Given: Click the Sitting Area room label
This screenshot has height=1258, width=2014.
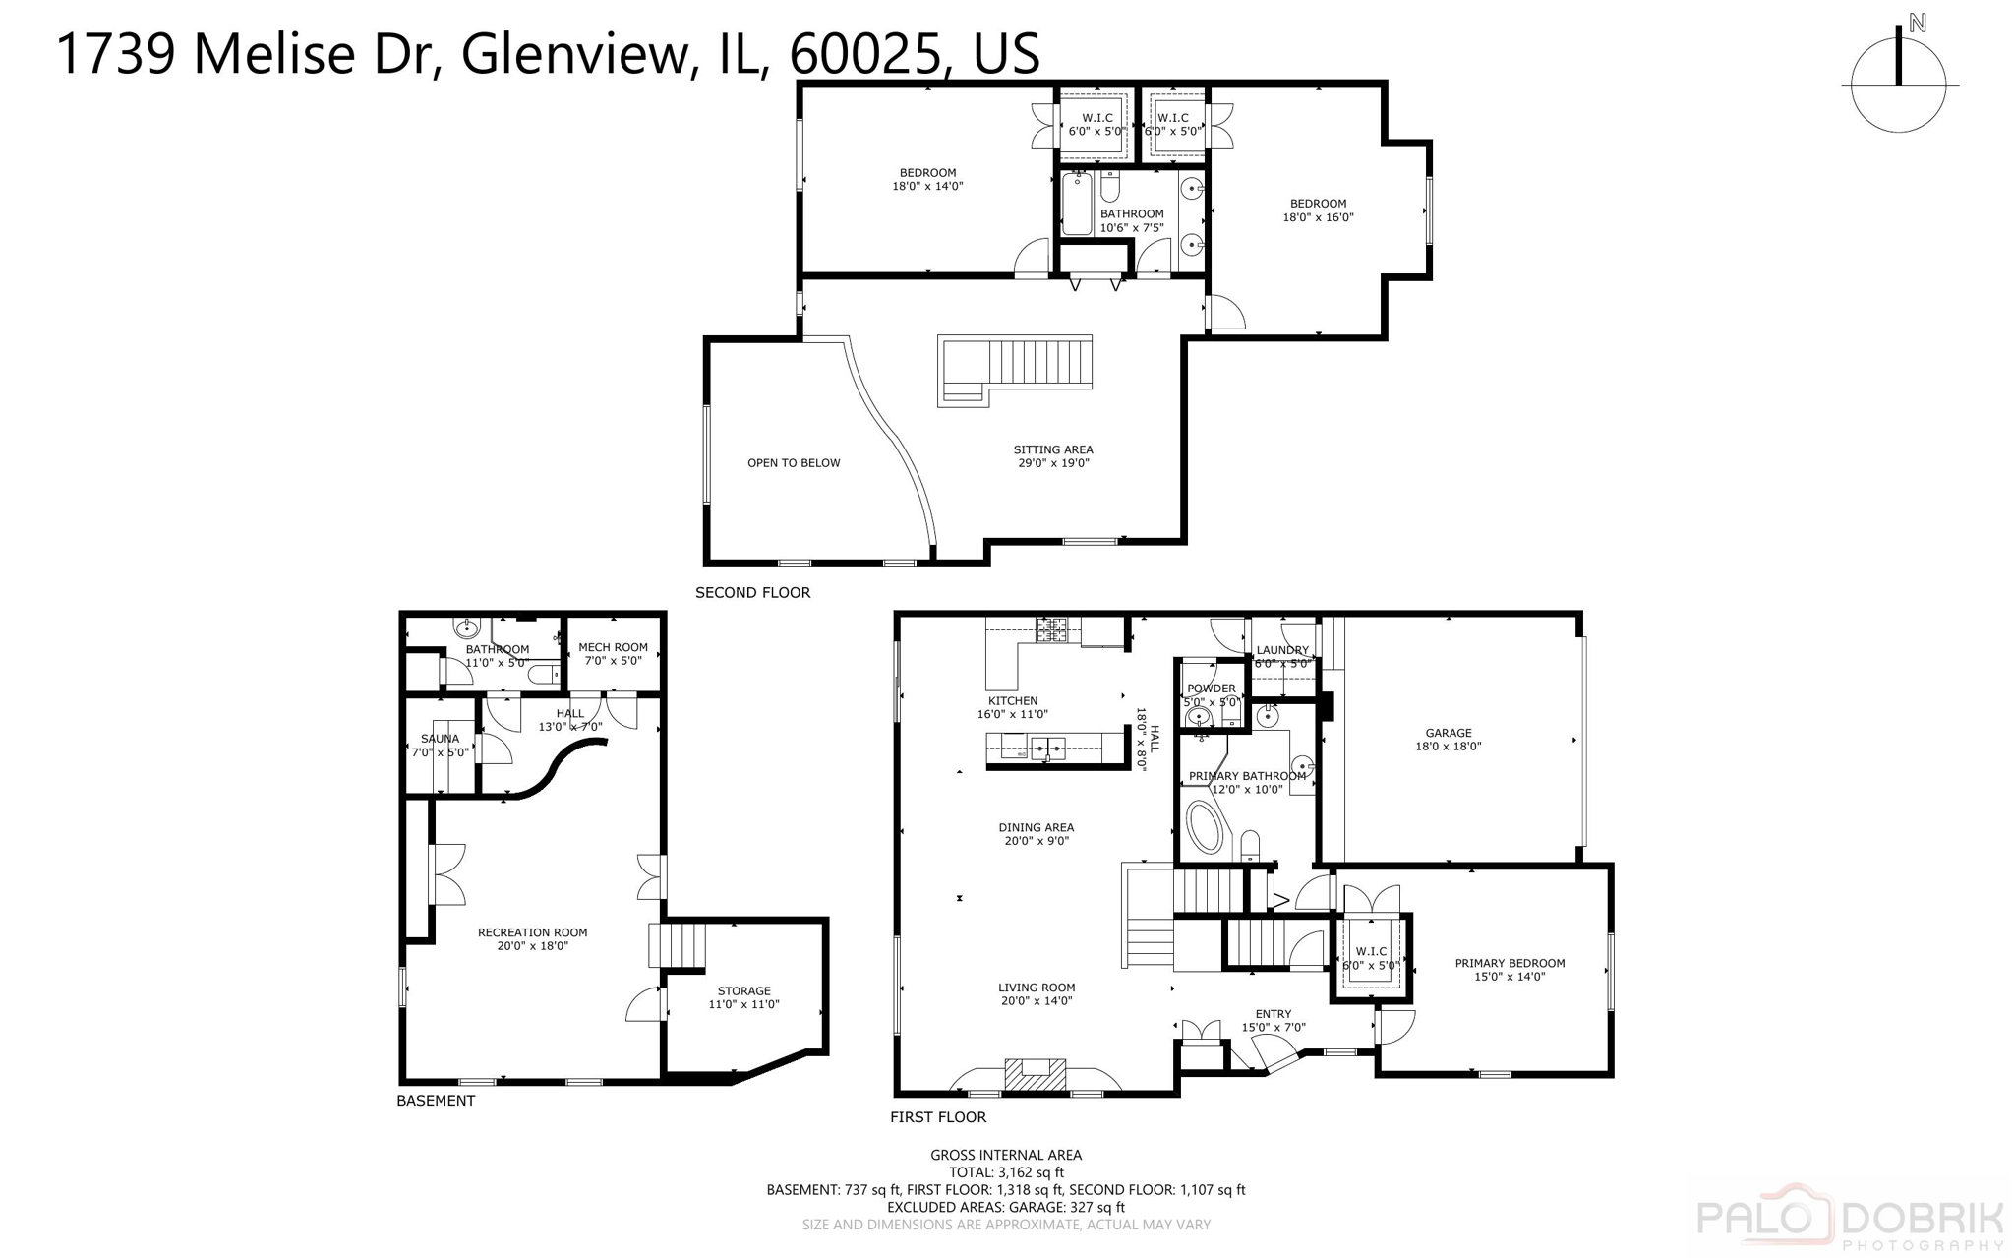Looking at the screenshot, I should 1053,456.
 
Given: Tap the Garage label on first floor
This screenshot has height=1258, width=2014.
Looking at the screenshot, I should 1448,739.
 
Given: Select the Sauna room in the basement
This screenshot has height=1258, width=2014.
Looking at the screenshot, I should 440,745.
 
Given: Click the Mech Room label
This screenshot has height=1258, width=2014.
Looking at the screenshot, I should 613,654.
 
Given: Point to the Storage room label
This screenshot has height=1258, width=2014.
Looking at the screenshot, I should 743,997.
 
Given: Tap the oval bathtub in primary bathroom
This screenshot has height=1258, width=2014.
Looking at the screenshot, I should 1205,827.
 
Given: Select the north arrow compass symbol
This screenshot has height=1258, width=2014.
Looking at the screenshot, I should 1898,83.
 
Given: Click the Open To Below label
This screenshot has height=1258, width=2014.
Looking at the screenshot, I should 794,463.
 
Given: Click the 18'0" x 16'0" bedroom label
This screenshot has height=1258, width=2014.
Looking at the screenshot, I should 1318,210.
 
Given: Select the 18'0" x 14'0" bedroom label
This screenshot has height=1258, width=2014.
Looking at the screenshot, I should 927,179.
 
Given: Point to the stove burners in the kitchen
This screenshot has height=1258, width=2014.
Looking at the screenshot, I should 1051,629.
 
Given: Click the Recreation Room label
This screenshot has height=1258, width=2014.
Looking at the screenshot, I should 532,938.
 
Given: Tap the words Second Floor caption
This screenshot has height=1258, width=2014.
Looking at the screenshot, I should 752,592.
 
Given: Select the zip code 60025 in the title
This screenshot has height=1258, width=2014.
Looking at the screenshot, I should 863,54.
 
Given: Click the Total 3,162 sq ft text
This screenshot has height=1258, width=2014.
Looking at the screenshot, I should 1006,1172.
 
